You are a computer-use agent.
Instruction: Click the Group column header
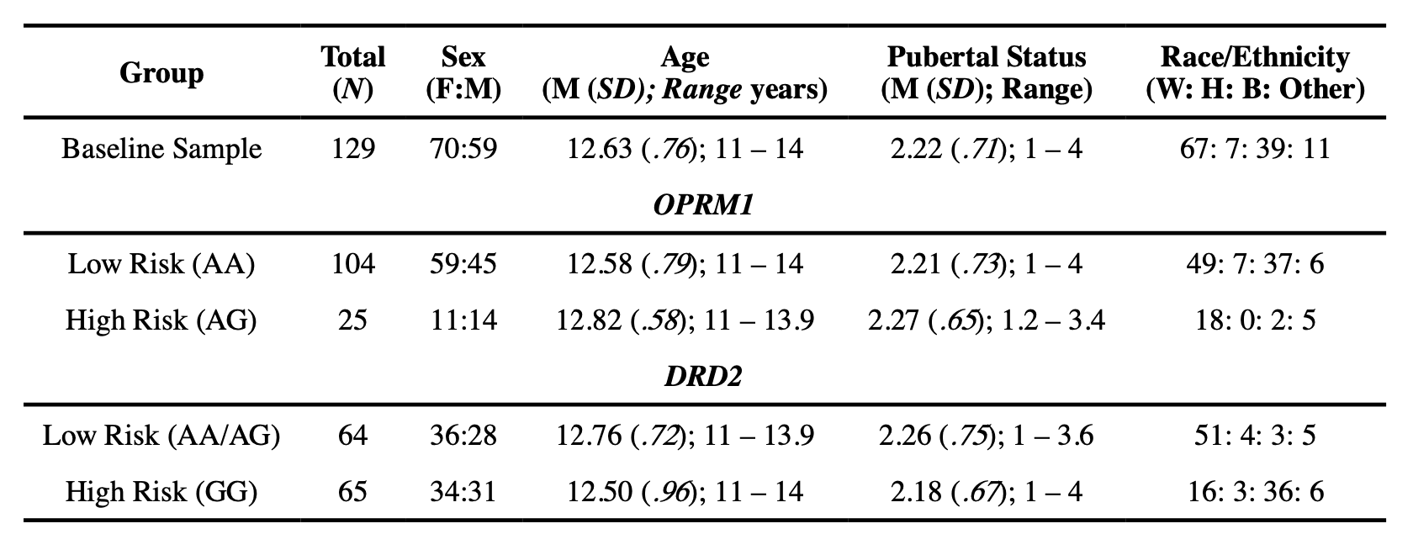click(x=161, y=73)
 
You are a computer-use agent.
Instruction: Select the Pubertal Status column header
click(x=987, y=73)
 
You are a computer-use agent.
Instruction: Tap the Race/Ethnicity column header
click(x=1255, y=73)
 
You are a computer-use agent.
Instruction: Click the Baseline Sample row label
click(x=161, y=149)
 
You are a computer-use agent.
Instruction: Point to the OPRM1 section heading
click(x=702, y=205)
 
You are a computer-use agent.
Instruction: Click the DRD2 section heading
click(x=703, y=376)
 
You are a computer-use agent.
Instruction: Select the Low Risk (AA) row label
click(x=161, y=264)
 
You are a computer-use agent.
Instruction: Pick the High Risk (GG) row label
click(x=161, y=491)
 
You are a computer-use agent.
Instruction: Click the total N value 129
click(x=352, y=149)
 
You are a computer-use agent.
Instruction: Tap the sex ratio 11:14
click(x=463, y=320)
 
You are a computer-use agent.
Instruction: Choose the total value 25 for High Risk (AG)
click(x=352, y=320)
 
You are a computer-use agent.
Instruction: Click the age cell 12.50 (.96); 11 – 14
click(x=685, y=491)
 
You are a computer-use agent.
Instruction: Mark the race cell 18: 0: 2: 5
click(x=1255, y=320)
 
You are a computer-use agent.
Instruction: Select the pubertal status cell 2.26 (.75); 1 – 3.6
click(x=987, y=435)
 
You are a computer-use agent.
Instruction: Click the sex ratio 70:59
click(x=463, y=149)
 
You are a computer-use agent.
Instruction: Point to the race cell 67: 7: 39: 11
click(x=1255, y=149)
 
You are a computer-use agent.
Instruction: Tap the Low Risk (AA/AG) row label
click(x=161, y=435)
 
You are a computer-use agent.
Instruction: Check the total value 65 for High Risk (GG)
click(x=352, y=491)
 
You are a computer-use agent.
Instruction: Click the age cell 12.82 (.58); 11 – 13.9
click(x=685, y=320)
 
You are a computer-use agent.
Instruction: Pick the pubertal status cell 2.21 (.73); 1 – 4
click(x=987, y=264)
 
